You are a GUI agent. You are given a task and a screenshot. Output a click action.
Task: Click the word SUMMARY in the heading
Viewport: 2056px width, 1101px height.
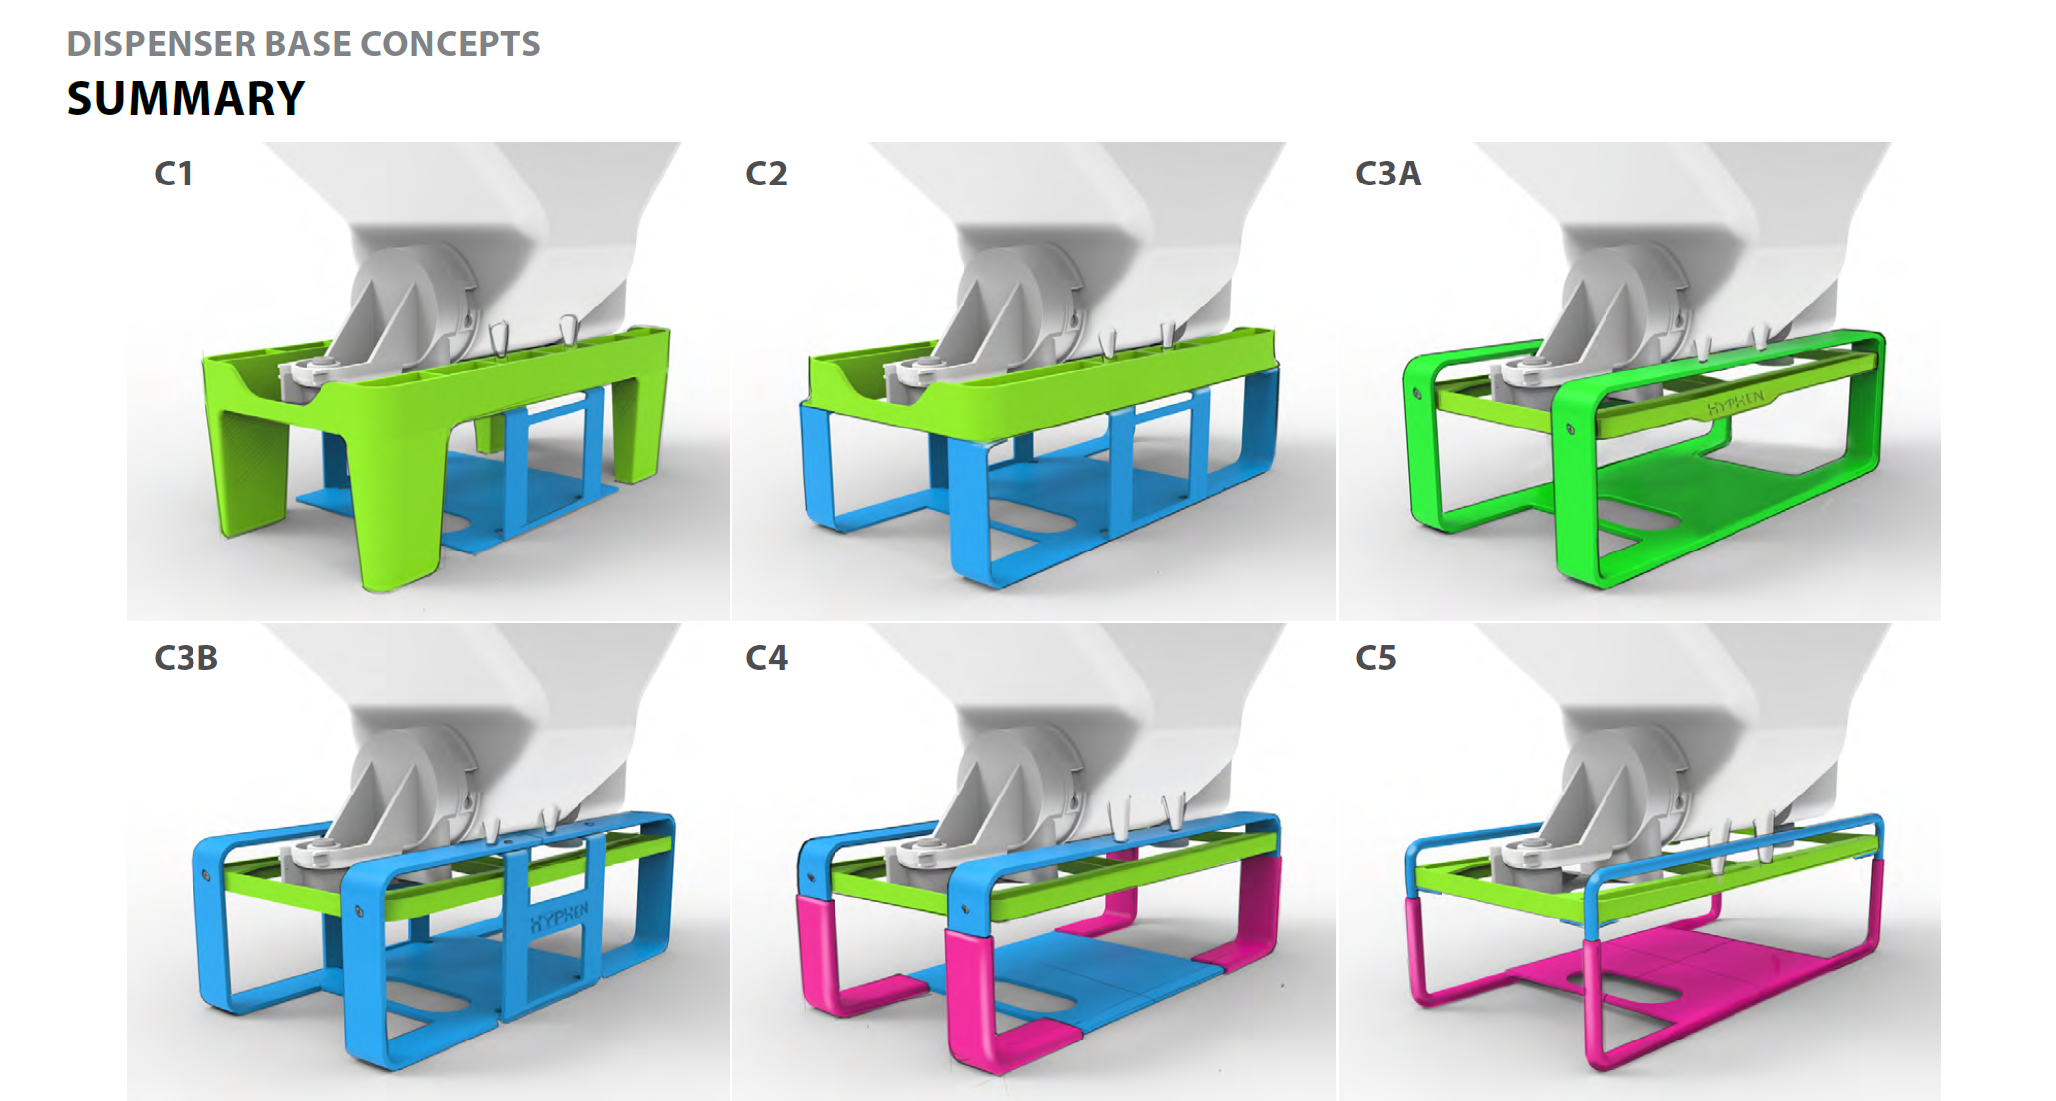(186, 98)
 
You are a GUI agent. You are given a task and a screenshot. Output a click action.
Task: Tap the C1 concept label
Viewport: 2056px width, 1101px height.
(173, 174)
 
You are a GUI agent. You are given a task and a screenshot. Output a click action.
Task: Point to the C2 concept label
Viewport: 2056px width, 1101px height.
(766, 174)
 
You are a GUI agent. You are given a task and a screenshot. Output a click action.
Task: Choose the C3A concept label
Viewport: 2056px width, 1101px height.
(1388, 174)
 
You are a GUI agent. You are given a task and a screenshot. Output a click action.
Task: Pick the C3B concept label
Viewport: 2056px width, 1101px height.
(186, 658)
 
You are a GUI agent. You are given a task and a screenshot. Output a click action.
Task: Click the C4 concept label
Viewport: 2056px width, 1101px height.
(766, 658)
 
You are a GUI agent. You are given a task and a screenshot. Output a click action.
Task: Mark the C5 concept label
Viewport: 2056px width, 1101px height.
(1376, 658)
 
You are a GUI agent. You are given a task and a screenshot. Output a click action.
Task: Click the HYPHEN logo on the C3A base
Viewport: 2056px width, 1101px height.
(1735, 403)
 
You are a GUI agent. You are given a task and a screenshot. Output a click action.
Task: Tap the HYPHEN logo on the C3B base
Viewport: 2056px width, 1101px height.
(559, 917)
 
